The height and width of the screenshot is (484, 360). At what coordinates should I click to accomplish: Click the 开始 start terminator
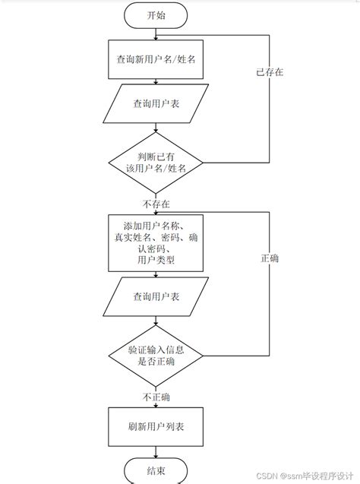[x=156, y=14]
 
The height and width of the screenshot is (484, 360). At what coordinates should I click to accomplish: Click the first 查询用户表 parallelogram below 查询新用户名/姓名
[x=156, y=103]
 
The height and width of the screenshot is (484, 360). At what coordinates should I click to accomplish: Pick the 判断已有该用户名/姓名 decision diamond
[x=156, y=162]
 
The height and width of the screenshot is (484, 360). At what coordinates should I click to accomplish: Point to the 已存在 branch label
[x=269, y=73]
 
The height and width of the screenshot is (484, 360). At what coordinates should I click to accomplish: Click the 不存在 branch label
[x=156, y=204]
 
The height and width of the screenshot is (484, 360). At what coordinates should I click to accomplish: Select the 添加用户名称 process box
[x=156, y=242]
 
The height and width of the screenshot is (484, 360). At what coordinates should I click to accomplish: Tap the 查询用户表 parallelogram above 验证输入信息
[x=156, y=297]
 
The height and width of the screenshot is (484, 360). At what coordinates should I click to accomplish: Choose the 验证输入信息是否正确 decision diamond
[x=156, y=356]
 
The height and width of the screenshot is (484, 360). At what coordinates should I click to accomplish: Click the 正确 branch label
[x=269, y=258]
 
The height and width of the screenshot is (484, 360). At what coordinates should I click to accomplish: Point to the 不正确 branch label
[x=156, y=397]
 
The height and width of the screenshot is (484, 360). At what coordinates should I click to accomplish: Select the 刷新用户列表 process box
[x=156, y=426]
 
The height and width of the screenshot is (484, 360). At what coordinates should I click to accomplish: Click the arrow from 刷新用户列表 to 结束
[x=156, y=451]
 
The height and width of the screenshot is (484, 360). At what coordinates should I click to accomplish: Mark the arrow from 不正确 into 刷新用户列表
[x=156, y=406]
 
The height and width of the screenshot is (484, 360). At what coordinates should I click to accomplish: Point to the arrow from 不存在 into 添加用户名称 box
[x=156, y=212]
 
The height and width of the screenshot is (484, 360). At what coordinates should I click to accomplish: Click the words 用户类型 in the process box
[x=155, y=261]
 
